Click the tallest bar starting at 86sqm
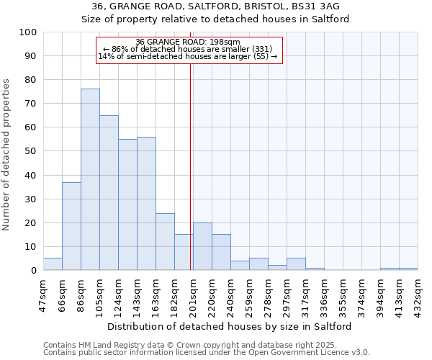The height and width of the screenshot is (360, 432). (90, 180)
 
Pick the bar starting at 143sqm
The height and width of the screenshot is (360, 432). (146, 204)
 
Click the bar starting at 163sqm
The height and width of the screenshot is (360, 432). (165, 242)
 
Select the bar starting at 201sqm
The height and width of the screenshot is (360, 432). (202, 247)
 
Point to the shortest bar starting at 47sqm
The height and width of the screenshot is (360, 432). (53, 264)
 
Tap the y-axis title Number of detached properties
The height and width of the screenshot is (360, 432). (7, 156)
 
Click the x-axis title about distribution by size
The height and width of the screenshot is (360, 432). (230, 326)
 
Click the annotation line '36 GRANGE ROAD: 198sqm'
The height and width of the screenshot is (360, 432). (188, 42)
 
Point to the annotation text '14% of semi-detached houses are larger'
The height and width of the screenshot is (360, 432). (188, 56)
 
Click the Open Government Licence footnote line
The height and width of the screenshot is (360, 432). (207, 353)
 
